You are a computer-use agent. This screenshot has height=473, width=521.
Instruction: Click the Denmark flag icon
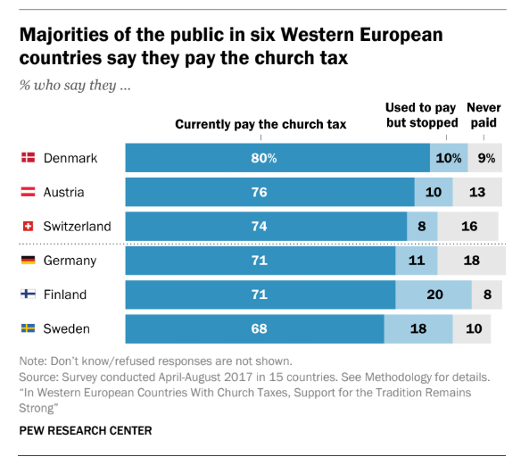point(28,158)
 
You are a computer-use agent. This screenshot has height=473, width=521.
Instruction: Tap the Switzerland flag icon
point(28,226)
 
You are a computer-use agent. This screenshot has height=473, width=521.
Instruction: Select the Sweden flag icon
point(28,328)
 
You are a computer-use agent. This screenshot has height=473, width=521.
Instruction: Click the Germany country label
point(70,261)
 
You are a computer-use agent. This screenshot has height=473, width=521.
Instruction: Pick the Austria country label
point(64,192)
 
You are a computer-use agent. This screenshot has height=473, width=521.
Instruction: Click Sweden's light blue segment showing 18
point(418,328)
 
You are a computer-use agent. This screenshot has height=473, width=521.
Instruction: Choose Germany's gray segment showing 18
point(470,261)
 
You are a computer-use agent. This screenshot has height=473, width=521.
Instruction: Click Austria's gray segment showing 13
point(477,192)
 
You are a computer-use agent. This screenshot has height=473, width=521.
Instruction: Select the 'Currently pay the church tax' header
point(260,124)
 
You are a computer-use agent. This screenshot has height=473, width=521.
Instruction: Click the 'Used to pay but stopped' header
point(420,115)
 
